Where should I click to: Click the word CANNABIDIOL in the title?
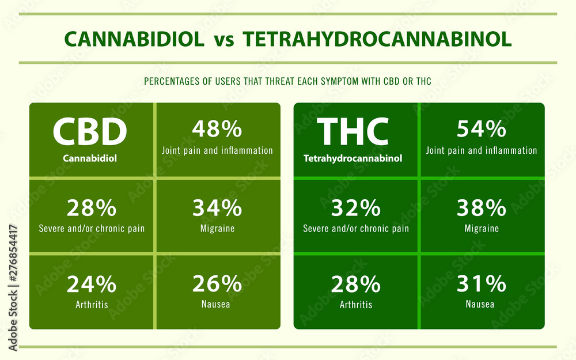134,39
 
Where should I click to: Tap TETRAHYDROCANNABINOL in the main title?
377,39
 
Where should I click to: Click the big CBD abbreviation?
90,131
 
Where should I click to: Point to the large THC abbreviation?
353,131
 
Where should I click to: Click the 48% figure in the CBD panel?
217,129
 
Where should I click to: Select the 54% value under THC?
481,129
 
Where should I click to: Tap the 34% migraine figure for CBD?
217,208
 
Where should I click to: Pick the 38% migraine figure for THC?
481,208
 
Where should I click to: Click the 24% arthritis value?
92,284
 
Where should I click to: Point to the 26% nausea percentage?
217,284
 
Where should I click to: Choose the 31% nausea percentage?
481,284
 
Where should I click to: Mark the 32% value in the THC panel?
355,208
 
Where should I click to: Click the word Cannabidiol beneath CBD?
90,158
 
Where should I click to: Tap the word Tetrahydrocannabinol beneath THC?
353,158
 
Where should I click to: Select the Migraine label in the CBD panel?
218,229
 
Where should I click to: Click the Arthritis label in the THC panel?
356,305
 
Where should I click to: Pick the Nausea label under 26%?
215,304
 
